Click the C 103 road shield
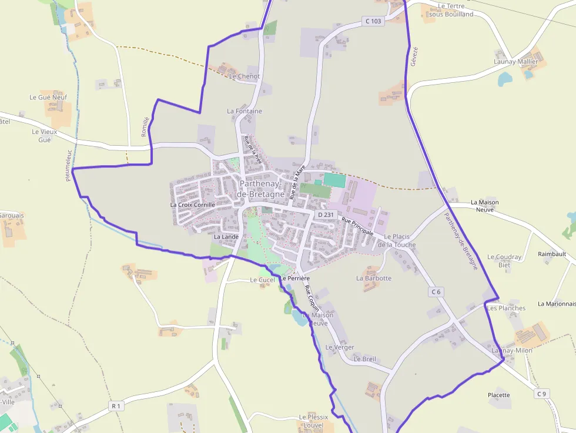tap(373, 21)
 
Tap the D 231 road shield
tap(325, 214)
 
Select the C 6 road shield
tap(436, 291)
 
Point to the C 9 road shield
tap(541, 394)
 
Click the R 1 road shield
tap(116, 406)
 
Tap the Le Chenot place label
tap(245, 76)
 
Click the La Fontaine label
tap(245, 111)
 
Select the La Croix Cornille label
tap(193, 205)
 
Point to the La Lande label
tap(226, 237)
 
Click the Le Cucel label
tap(262, 280)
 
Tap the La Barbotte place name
tap(374, 278)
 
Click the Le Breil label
tap(364, 359)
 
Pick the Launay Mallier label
tap(516, 61)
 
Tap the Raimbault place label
tap(552, 254)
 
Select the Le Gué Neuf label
tap(48, 98)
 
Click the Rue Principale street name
tap(357, 226)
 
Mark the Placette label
tap(499, 395)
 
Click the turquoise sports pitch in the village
tap(334, 180)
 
